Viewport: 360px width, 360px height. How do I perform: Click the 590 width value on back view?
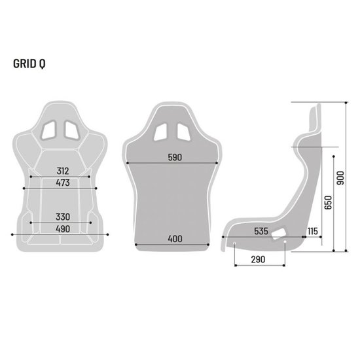pyautogui.click(x=174, y=158)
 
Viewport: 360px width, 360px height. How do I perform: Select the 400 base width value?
pyautogui.click(x=174, y=239)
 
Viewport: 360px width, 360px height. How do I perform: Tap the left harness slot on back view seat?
pyautogui.click(x=162, y=131)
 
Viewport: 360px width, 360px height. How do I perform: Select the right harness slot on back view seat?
pyautogui.click(x=185, y=131)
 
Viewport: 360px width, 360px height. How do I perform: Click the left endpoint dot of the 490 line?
pyautogui.click(x=12, y=234)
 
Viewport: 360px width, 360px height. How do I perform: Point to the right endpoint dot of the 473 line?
pyautogui.click(x=97, y=188)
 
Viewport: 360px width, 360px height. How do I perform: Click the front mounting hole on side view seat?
pyautogui.click(x=235, y=246)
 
